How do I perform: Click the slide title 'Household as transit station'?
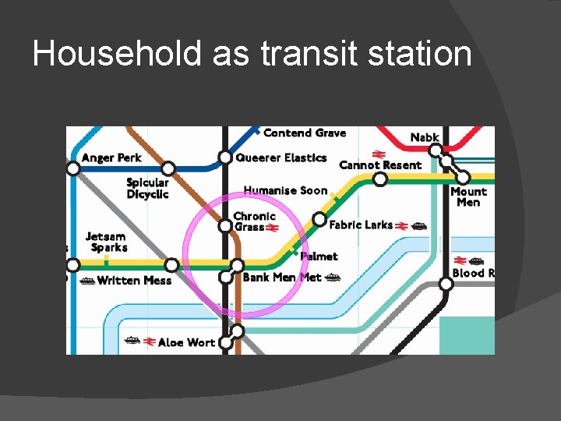pyautogui.click(x=252, y=55)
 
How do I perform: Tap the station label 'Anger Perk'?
pyautogui.click(x=111, y=157)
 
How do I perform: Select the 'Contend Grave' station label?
pyautogui.click(x=304, y=133)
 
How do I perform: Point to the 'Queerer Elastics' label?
pyautogui.click(x=281, y=157)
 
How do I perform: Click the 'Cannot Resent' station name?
pyautogui.click(x=380, y=165)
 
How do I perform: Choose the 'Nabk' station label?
pyautogui.click(x=425, y=138)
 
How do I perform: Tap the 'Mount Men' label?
pyautogui.click(x=468, y=196)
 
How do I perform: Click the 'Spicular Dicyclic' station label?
pyautogui.click(x=147, y=189)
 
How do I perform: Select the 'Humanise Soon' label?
pyautogui.click(x=285, y=190)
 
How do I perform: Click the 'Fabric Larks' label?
pyautogui.click(x=361, y=225)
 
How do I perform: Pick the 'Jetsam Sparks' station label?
pyautogui.click(x=106, y=242)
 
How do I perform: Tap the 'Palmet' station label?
pyautogui.click(x=319, y=256)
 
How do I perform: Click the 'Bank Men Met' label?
pyautogui.click(x=281, y=278)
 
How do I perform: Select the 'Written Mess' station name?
pyautogui.click(x=134, y=281)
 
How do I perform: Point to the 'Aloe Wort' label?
pyautogui.click(x=186, y=342)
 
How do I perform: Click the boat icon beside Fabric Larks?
pyautogui.click(x=419, y=226)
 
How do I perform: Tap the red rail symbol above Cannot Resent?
pyautogui.click(x=379, y=154)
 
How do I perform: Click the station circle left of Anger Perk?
pyautogui.click(x=73, y=168)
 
